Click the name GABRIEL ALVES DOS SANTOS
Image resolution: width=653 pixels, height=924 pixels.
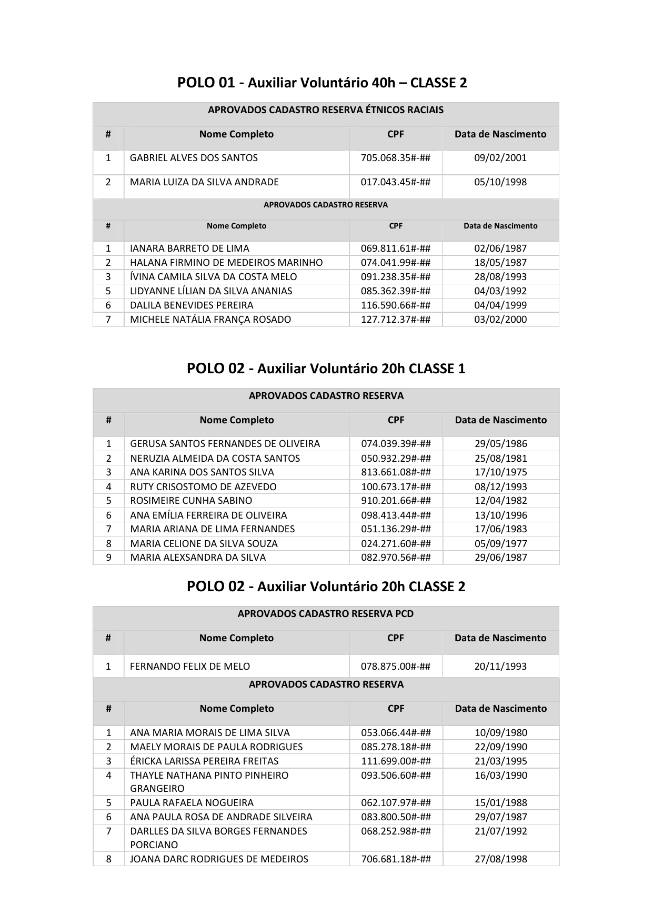point(194,158)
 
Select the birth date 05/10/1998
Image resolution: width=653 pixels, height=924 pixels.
point(500,182)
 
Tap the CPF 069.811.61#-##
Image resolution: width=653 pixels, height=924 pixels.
point(395,249)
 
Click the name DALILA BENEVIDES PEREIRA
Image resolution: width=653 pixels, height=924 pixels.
point(192,305)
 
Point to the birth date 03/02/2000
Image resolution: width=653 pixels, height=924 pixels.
point(500,320)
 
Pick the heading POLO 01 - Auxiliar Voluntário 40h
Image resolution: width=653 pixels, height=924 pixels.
point(322,83)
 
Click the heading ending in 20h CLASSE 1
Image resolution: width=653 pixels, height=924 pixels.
point(326,369)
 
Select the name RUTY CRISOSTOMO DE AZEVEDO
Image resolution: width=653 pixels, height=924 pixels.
point(203,487)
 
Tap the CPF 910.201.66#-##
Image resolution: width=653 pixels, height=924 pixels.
point(396,501)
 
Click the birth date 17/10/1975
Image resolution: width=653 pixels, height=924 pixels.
point(500,472)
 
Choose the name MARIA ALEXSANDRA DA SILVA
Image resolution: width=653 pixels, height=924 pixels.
point(198,558)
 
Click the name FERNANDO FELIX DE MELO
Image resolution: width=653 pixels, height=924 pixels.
point(190,667)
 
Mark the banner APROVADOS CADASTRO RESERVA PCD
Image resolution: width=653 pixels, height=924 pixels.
point(326,614)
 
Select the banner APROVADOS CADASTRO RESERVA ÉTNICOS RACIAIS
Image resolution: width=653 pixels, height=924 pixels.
point(326,110)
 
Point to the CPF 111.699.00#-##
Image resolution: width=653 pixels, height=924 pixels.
point(396,761)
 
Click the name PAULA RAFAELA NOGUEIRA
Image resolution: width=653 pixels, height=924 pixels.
point(192,803)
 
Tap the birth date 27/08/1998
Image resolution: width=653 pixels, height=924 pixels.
point(500,859)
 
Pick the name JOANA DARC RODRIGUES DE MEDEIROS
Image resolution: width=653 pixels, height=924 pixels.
point(219,859)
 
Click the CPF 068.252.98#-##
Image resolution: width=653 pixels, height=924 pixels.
point(396,831)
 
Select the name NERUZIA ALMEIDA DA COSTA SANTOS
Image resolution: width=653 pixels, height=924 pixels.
point(215,459)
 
